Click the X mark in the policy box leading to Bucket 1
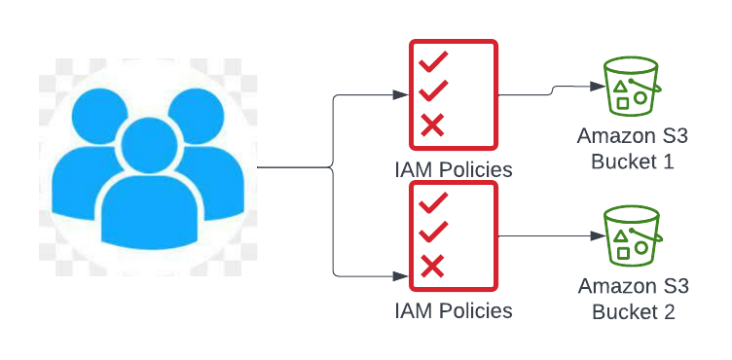coord(432,125)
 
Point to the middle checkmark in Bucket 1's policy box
coord(432,92)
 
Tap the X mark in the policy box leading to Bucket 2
coord(432,265)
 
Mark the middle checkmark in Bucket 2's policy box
coord(432,234)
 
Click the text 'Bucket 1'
coord(632,161)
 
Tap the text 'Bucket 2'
coord(632,312)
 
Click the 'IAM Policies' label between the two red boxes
coord(454,169)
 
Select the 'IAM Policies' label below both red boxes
coord(454,311)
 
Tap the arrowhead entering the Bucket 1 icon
coord(595,87)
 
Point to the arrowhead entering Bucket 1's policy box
coord(401,95)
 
